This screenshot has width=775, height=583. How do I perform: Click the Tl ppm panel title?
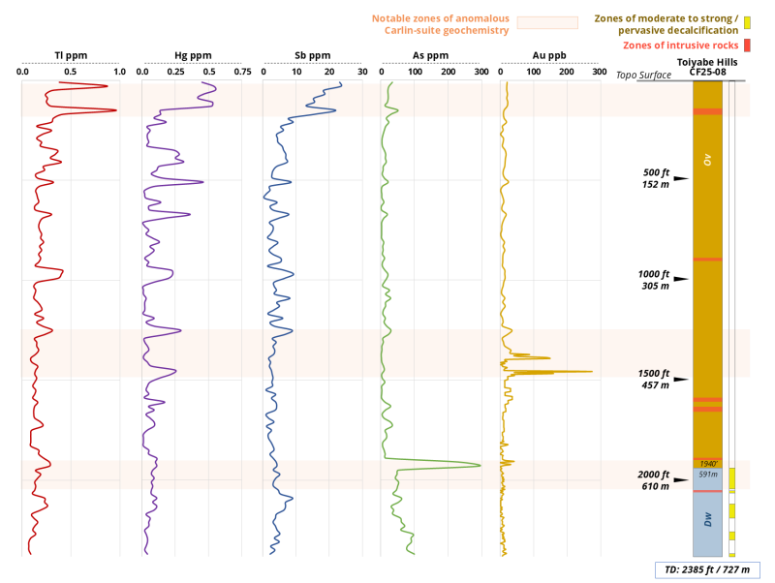click(71, 55)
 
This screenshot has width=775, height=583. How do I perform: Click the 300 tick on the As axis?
click(480, 73)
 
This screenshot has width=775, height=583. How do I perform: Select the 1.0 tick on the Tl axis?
click(119, 73)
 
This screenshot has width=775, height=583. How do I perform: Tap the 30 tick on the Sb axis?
click(361, 73)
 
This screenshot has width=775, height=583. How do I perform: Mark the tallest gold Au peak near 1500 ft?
click(591, 371)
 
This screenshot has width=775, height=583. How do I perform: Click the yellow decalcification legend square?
click(747, 21)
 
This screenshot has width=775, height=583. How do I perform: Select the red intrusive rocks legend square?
click(747, 46)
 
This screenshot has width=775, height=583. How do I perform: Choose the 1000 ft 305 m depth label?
click(655, 280)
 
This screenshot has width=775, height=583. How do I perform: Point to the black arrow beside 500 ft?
click(681, 178)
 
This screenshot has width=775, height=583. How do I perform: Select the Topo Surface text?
click(643, 75)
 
